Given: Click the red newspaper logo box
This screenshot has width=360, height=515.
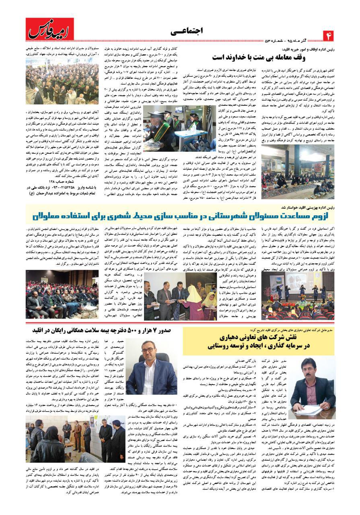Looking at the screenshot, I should point(50,30).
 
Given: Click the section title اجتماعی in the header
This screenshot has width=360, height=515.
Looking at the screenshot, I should point(185,31).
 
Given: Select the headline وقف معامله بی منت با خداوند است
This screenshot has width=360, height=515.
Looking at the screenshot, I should point(257,57).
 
